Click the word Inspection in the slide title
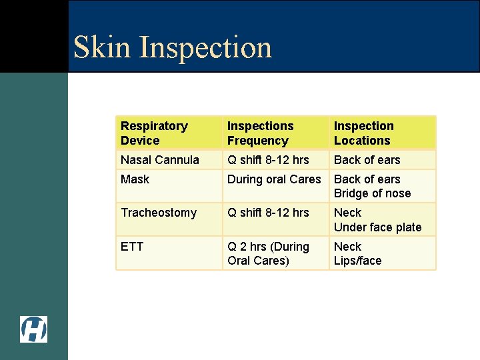coord(206,47)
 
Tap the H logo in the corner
coord(33,329)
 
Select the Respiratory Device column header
coord(154,133)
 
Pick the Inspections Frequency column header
coord(260,133)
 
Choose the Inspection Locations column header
coord(363,133)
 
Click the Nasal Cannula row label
coord(159,160)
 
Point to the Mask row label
coord(135,179)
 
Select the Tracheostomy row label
coord(158,213)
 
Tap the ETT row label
coord(132,247)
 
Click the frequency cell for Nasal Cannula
coord(268,160)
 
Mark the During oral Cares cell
coord(274,179)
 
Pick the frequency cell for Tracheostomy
coord(268,213)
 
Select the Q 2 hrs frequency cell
coord(268,253)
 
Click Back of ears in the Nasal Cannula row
coord(367,160)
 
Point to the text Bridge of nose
coord(372,193)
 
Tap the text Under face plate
coord(377,227)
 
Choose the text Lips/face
coord(357,261)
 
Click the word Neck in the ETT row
coord(347,247)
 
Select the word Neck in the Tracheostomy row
coord(347,213)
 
